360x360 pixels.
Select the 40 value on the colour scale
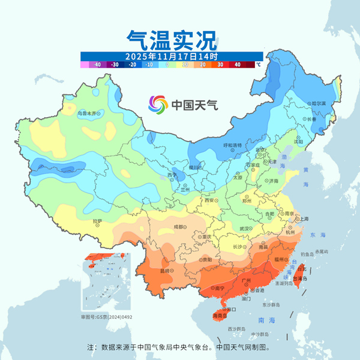click(238, 64)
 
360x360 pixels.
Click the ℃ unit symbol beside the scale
click(258, 64)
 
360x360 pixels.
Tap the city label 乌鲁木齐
click(88, 112)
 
